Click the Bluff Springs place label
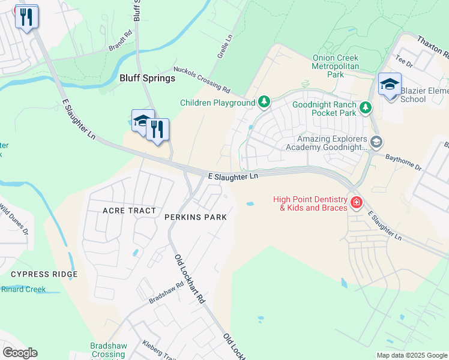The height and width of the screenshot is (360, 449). (x=147, y=78)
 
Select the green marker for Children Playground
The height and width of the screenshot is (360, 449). (x=264, y=103)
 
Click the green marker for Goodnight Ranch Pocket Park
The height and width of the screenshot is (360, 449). (x=365, y=108)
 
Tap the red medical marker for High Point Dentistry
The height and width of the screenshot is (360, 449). (x=357, y=203)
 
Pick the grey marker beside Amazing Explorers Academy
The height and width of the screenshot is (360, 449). (x=376, y=142)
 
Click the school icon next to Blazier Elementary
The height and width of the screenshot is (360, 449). (x=389, y=85)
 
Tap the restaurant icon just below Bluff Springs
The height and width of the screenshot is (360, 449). (x=157, y=130)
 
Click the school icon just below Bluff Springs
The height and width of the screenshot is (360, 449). (x=142, y=122)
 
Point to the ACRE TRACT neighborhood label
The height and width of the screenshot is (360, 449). (x=129, y=211)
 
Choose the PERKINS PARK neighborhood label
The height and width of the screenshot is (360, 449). (x=196, y=217)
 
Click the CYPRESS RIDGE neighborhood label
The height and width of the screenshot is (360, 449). (x=44, y=274)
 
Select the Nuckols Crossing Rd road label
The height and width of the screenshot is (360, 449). (x=202, y=79)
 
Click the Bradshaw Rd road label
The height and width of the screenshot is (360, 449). (x=165, y=293)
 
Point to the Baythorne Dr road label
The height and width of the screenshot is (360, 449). (x=402, y=161)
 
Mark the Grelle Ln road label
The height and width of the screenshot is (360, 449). (x=224, y=46)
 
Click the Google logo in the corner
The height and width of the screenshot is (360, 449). (x=20, y=353)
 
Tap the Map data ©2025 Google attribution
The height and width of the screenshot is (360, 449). (x=411, y=355)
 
